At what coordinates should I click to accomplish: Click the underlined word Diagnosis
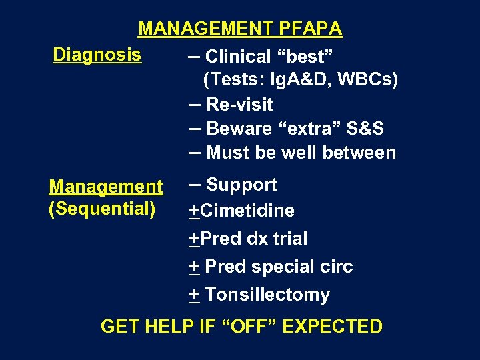pyautogui.click(x=97, y=54)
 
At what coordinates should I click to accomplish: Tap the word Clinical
pyautogui.click(x=237, y=57)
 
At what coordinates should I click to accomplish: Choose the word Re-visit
pyautogui.click(x=239, y=105)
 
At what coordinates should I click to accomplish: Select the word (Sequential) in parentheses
pyautogui.click(x=101, y=209)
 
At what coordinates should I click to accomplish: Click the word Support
pyautogui.click(x=241, y=185)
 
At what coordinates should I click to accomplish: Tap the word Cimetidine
pyautogui.click(x=247, y=211)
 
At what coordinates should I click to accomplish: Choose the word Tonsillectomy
pyautogui.click(x=267, y=295)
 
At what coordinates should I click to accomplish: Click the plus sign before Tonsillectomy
pyautogui.click(x=193, y=295)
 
